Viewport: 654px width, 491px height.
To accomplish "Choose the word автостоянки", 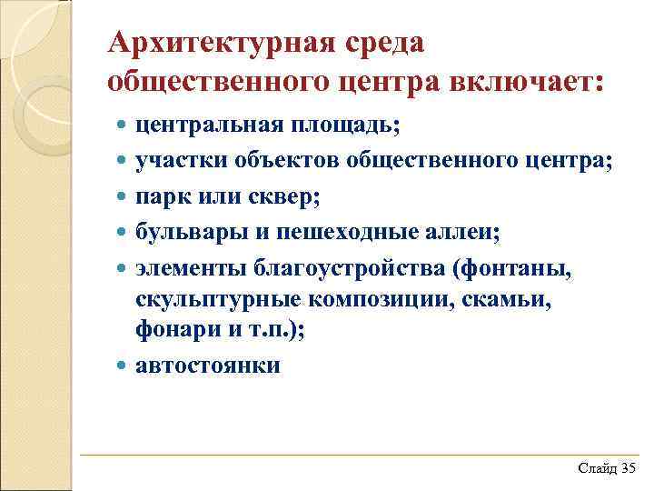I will tap(208, 366).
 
